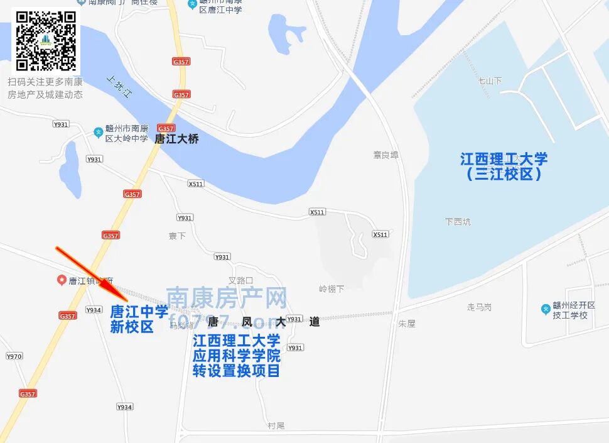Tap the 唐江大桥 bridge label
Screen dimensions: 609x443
176,139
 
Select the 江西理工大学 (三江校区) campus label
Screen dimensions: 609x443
504,167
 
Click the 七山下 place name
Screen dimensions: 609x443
490,81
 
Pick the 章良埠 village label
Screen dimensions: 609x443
385,155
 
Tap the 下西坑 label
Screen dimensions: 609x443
457,222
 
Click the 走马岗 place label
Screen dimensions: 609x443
479,307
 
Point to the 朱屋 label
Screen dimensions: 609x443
407,324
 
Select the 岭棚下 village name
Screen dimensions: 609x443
331,289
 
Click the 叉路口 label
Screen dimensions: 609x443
240,280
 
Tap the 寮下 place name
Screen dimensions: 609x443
177,236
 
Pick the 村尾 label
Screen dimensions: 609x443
276,425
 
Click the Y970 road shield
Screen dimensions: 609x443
14,356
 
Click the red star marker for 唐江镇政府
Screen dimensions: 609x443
62,280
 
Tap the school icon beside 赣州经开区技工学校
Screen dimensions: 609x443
546,309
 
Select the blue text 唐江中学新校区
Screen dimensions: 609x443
139,319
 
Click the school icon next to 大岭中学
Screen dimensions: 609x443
98,132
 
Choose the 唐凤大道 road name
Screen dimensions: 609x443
264,322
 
